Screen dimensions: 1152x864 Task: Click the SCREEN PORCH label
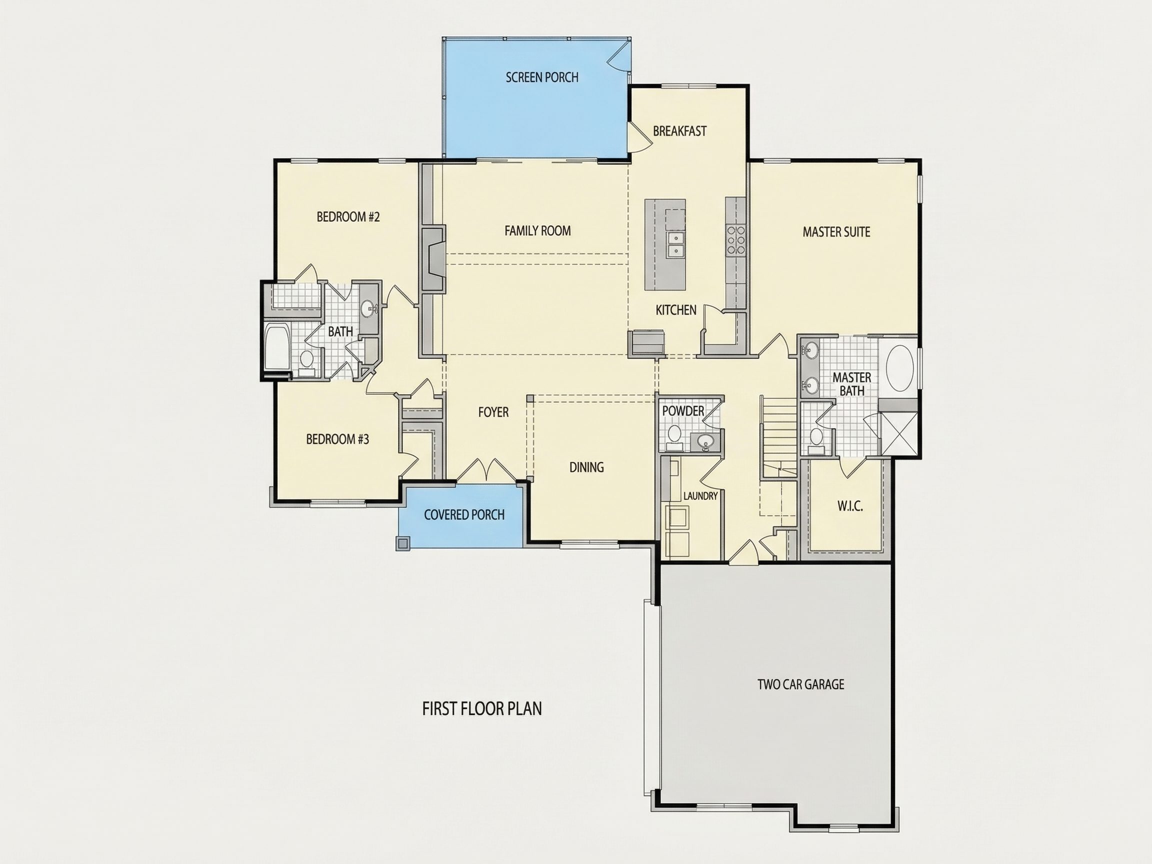pyautogui.click(x=541, y=77)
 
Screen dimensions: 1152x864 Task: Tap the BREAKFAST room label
pyautogui.click(x=679, y=131)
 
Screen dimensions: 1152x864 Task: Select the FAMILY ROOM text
pyautogui.click(x=537, y=230)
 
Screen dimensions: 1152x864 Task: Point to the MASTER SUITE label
pyautogui.click(x=836, y=232)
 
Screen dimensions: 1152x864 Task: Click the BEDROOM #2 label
pyautogui.click(x=348, y=216)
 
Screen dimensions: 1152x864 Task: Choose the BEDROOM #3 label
pyautogui.click(x=337, y=439)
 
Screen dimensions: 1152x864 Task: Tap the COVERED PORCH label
pyautogui.click(x=464, y=515)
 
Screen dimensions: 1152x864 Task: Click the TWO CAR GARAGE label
pyautogui.click(x=801, y=684)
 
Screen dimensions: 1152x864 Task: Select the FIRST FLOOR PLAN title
pyautogui.click(x=481, y=709)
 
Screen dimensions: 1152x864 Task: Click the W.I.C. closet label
pyautogui.click(x=850, y=505)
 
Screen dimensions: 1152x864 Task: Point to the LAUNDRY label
pyautogui.click(x=700, y=496)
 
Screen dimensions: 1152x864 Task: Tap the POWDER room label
pyautogui.click(x=683, y=411)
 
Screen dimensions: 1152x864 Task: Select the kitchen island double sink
pyautogui.click(x=675, y=245)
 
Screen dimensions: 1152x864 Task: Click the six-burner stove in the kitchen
pyautogui.click(x=735, y=239)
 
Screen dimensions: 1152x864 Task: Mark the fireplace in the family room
pyautogui.click(x=433, y=258)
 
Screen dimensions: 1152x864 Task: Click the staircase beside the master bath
pyautogui.click(x=779, y=436)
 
